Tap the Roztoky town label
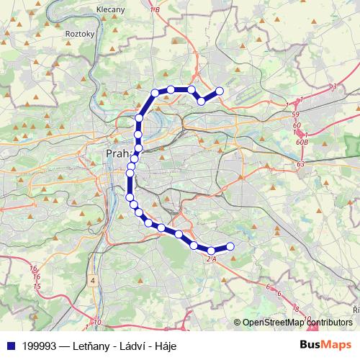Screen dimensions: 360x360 [x=75, y=33]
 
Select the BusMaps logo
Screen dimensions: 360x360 [x=325, y=346]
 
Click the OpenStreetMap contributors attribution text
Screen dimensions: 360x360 [x=297, y=323]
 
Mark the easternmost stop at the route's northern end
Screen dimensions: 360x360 [x=220, y=91]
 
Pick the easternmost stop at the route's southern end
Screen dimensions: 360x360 [x=230, y=246]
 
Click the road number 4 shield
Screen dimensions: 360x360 [x=93, y=279]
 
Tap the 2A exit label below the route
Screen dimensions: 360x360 [x=210, y=258]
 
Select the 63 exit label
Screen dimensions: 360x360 [x=300, y=166]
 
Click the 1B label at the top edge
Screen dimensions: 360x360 [x=155, y=9]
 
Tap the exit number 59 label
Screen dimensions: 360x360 [x=296, y=114]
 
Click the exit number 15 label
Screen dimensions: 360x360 [x=35, y=287]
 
